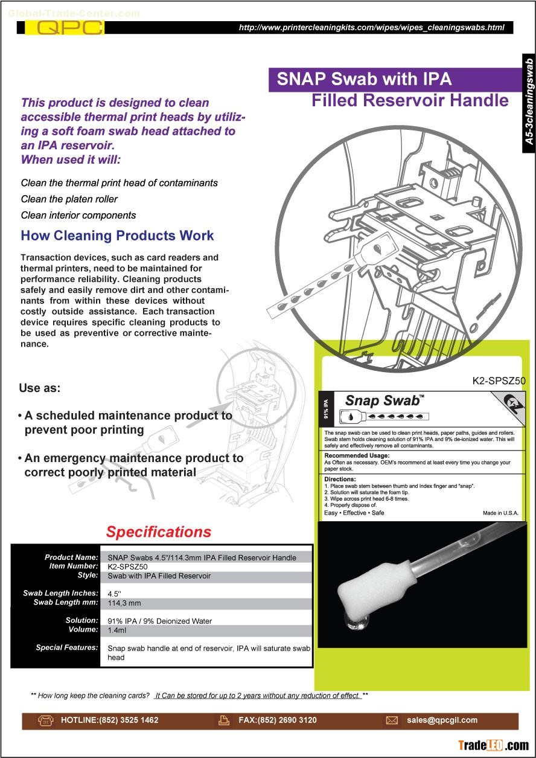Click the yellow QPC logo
(69, 28)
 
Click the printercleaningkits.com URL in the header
(371, 28)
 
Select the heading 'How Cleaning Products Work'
(117, 236)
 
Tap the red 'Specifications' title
(159, 532)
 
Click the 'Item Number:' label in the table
(73, 567)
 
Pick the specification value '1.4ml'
(116, 630)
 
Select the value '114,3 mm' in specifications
(124, 603)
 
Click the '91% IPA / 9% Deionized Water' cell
(159, 621)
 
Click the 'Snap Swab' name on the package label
(382, 400)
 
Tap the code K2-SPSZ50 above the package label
(499, 381)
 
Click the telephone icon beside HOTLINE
(46, 720)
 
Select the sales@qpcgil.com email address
(442, 720)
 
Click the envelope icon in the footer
(392, 720)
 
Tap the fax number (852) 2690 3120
(278, 720)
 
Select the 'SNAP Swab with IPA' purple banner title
(364, 79)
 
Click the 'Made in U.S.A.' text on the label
(500, 513)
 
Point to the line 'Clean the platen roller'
(69, 199)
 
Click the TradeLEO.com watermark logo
(493, 745)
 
